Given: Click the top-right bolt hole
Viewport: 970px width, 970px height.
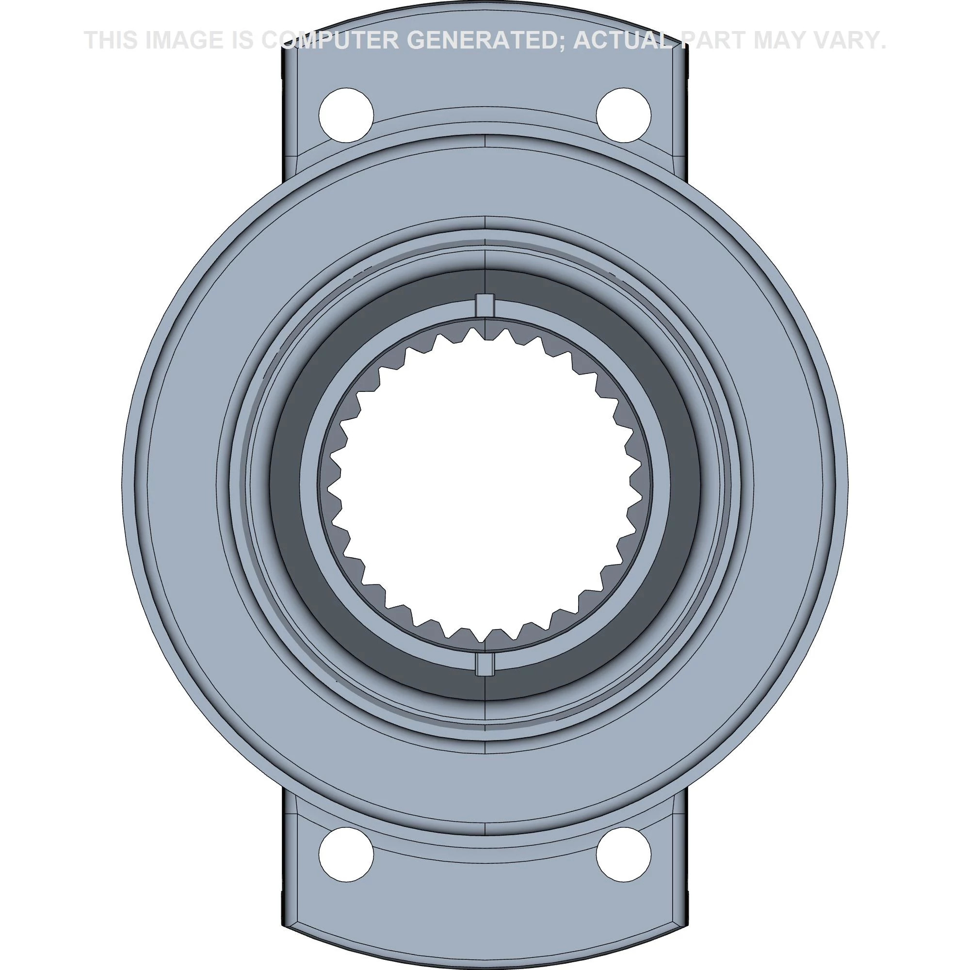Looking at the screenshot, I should [x=624, y=115].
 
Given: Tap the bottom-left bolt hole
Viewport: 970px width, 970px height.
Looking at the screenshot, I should [x=346, y=854].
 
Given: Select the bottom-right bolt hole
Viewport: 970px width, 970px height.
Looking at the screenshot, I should [x=624, y=854].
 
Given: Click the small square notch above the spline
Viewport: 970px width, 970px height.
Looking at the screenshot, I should [x=485, y=305].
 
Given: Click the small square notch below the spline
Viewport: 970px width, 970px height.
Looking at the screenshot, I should [x=485, y=664].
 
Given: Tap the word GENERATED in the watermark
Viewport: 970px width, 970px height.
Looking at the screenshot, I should [x=484, y=40].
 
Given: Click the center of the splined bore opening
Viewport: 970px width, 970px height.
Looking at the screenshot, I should [x=485, y=485].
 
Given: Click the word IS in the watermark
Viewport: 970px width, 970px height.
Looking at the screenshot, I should [x=244, y=40].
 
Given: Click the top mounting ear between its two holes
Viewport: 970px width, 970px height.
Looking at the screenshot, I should [x=485, y=90].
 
